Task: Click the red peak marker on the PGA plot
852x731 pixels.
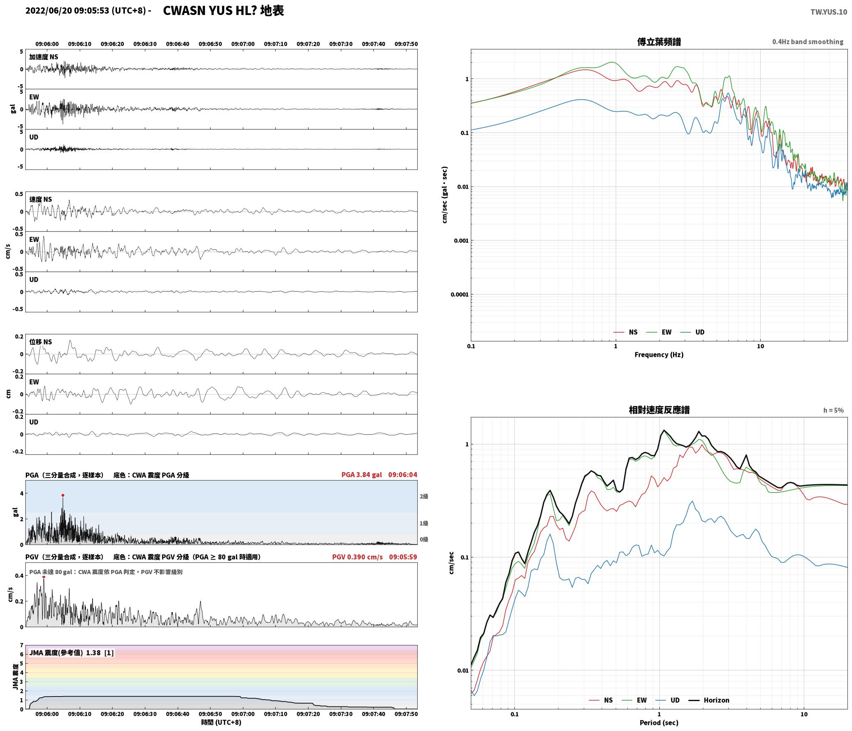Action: [x=63, y=495]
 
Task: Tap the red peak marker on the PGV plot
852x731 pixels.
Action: [x=44, y=576]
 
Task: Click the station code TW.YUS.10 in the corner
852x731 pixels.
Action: [x=828, y=12]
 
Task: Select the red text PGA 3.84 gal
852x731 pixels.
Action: [x=362, y=475]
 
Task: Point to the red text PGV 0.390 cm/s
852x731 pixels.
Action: [x=357, y=557]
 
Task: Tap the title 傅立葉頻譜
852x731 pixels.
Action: [x=659, y=42]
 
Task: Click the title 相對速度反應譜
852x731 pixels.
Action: [x=659, y=410]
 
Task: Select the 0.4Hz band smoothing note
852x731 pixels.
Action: [x=808, y=42]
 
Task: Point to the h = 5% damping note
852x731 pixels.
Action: [x=833, y=410]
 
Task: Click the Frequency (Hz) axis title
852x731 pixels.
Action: [x=659, y=354]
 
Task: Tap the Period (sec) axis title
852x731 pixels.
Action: [x=659, y=723]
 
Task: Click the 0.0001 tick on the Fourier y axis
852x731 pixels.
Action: [x=460, y=294]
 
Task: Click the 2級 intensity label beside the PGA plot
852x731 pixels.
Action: [x=424, y=496]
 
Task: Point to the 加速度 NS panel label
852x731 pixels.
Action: [x=44, y=57]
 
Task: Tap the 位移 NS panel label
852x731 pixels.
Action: [x=41, y=342]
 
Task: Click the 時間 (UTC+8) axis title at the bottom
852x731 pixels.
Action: [x=221, y=722]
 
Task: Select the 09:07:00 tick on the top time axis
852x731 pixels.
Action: [x=243, y=44]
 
